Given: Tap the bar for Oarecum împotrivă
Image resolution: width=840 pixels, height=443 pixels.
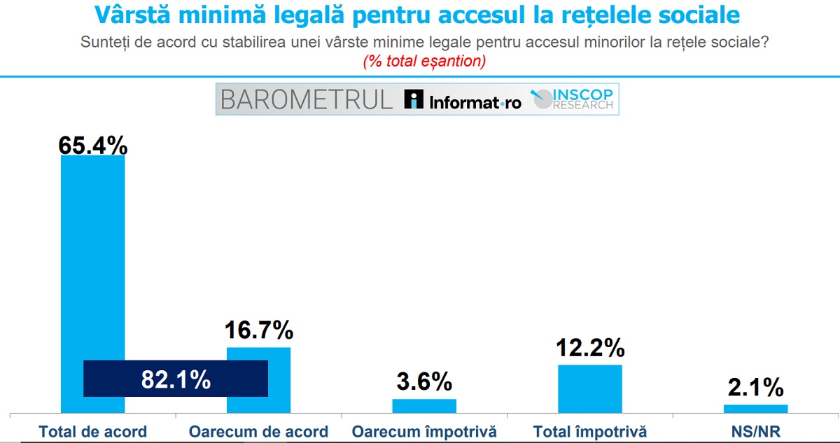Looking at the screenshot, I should pyautogui.click(x=424, y=406).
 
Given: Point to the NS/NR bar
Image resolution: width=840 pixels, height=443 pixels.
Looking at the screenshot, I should pyautogui.click(x=755, y=409).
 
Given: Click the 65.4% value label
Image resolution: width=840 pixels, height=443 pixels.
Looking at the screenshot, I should pyautogui.click(x=93, y=145).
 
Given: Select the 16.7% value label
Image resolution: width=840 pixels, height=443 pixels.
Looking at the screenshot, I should pyautogui.click(x=258, y=330).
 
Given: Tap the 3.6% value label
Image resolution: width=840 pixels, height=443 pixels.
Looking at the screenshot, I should pyautogui.click(x=424, y=382).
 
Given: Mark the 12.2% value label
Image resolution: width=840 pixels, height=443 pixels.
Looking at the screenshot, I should pyautogui.click(x=589, y=347).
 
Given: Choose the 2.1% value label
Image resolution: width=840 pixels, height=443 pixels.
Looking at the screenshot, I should pyautogui.click(x=755, y=387).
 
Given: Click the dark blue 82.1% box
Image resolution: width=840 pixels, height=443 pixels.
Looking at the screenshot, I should pyautogui.click(x=176, y=379).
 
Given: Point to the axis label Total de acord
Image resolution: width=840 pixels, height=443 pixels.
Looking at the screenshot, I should pyautogui.click(x=93, y=431).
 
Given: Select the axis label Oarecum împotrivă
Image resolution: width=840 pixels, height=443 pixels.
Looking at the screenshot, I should pyautogui.click(x=424, y=431).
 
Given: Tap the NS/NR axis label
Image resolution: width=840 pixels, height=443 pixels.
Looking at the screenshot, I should pyautogui.click(x=755, y=431).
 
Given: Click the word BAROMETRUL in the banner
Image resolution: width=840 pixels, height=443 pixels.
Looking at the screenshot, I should pyautogui.click(x=307, y=99).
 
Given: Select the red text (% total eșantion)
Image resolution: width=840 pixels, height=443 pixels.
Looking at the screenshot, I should pyautogui.click(x=424, y=61).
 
